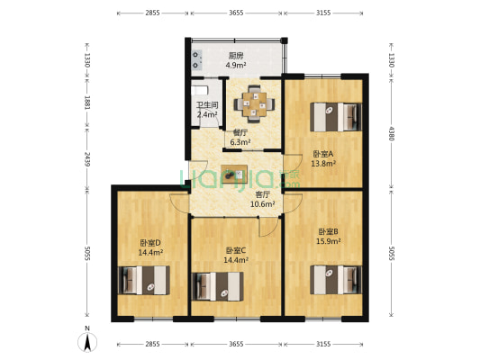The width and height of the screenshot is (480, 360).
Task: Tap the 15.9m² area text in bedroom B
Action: [327, 241]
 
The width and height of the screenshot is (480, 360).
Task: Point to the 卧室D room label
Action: [149, 242]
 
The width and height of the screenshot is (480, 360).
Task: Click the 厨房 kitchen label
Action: [236, 56]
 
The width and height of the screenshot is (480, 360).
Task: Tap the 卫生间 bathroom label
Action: [206, 105]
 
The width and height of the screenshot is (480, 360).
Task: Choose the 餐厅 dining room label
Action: [240, 131]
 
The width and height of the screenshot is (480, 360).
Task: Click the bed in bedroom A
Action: [335, 116]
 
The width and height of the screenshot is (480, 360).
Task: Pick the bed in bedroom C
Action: [219, 286]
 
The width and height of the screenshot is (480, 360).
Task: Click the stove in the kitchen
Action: [196, 59]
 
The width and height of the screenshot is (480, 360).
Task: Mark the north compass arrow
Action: [86, 342]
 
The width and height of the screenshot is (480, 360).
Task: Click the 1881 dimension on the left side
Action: [86, 103]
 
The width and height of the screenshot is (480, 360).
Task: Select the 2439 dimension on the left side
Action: [86, 159]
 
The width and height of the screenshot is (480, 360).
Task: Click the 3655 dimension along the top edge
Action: [236, 13]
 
